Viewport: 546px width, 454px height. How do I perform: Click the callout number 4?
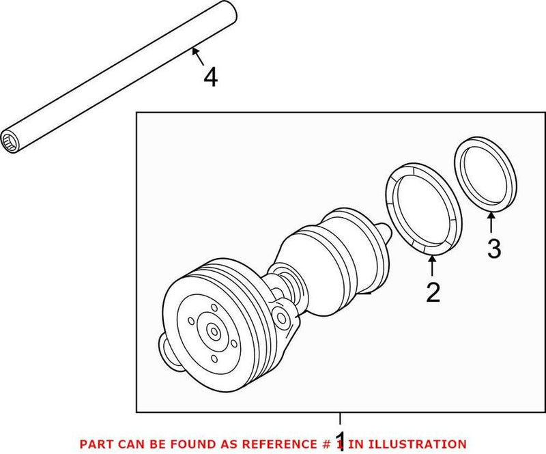click(211, 77)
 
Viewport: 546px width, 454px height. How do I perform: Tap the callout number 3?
click(494, 249)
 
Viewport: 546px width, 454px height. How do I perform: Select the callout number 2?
click(433, 292)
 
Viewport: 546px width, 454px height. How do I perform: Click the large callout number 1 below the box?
click(340, 442)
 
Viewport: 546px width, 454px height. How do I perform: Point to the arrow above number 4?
click(198, 57)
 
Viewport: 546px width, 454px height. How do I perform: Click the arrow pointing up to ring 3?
click(491, 222)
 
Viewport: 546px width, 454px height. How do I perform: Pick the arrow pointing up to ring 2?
click(432, 266)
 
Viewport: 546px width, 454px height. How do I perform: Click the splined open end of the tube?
click(10, 142)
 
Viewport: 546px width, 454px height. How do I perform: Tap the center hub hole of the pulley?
click(214, 330)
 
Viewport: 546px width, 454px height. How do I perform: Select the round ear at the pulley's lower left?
click(168, 350)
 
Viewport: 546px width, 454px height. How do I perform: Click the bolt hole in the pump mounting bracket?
click(281, 317)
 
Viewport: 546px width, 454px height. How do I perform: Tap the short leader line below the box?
click(340, 418)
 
